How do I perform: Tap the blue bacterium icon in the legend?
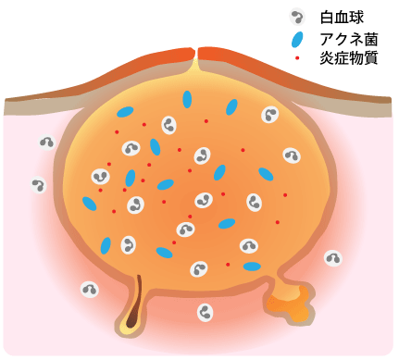point(296,40)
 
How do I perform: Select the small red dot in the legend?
point(296,59)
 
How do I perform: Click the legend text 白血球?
point(339,18)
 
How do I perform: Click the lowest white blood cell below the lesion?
point(205,314)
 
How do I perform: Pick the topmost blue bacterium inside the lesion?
point(188,99)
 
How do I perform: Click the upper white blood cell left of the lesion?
point(46,142)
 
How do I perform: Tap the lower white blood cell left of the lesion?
point(39,184)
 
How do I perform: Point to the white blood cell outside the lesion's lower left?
point(89,289)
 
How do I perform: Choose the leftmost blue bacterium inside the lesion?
point(90,203)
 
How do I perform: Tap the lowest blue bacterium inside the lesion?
point(251,267)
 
